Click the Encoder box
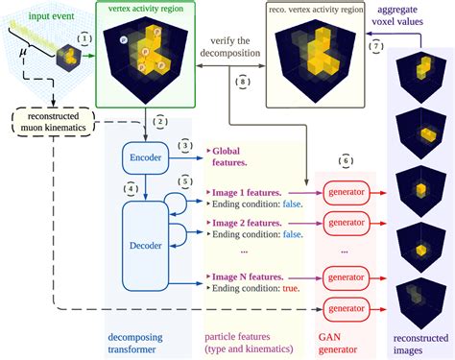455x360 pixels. tap(147, 156)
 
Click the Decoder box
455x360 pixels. tap(147, 245)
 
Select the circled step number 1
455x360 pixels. tap(85, 39)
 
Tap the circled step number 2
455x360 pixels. tap(160, 122)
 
